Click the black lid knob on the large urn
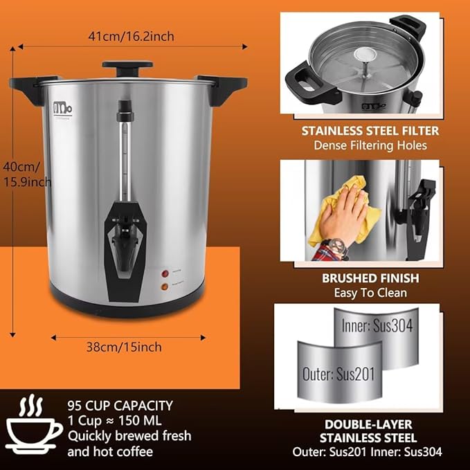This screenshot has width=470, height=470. [x=127, y=67]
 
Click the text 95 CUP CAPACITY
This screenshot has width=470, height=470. [x=120, y=406]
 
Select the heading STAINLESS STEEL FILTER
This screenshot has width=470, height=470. [x=359, y=131]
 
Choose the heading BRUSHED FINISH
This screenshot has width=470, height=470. [x=359, y=278]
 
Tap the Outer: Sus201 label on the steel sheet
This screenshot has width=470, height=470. [x=338, y=374]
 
